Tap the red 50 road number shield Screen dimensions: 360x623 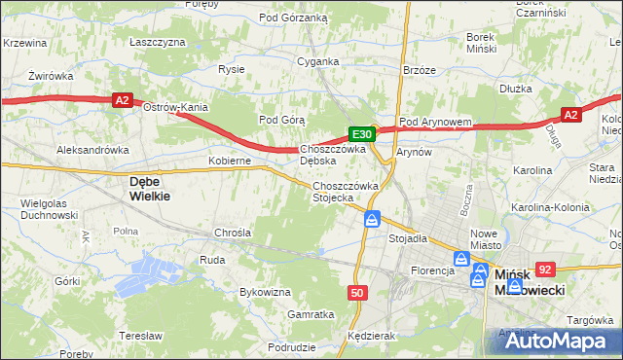tap(358, 292)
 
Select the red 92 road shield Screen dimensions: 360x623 tap(545, 270)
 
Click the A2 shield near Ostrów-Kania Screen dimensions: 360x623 tap(121, 99)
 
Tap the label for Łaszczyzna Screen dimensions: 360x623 tap(157, 42)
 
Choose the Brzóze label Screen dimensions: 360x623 tap(419, 70)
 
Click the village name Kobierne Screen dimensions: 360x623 tap(230, 160)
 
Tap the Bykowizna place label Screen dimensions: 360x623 tap(266, 291)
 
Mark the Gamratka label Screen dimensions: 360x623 tap(311, 314)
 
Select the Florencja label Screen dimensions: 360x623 tap(433, 270)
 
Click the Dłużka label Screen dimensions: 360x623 tap(513, 88)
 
